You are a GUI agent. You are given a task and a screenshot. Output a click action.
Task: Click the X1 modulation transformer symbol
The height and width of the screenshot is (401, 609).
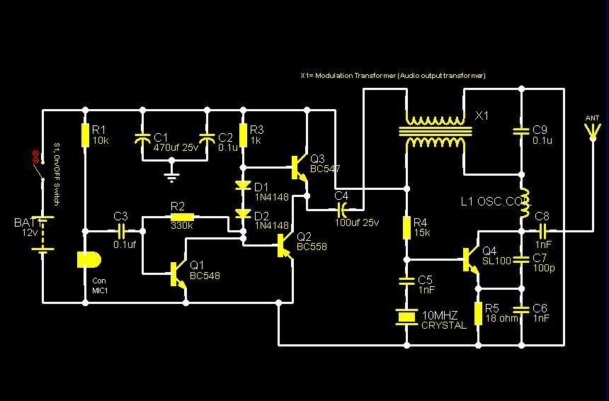pos(435,131)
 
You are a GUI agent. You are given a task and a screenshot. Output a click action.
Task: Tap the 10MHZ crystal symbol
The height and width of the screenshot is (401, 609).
pos(406,317)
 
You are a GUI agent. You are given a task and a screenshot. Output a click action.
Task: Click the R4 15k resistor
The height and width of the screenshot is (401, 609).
pos(406,227)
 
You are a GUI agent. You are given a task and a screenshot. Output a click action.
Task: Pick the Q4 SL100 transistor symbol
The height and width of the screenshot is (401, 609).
pos(470,259)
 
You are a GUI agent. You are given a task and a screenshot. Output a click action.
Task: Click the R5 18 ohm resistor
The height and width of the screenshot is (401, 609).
pos(478,312)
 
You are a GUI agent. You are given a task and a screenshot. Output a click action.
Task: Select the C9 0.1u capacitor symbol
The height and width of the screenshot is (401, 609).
pos(521,130)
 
